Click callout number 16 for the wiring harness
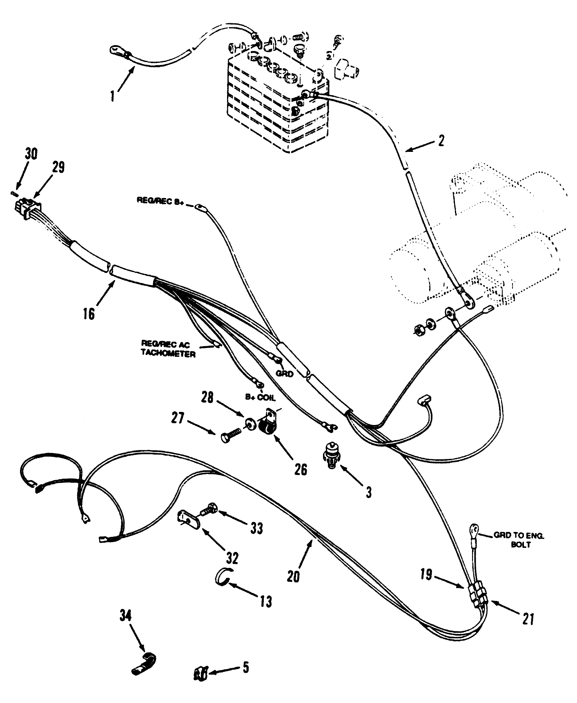point(89,313)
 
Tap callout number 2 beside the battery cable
point(440,141)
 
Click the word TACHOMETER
point(168,354)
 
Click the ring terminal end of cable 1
point(116,51)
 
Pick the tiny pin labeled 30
point(15,192)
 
